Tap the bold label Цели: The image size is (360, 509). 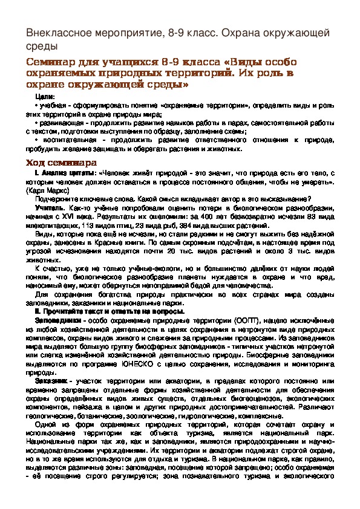[45, 97]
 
